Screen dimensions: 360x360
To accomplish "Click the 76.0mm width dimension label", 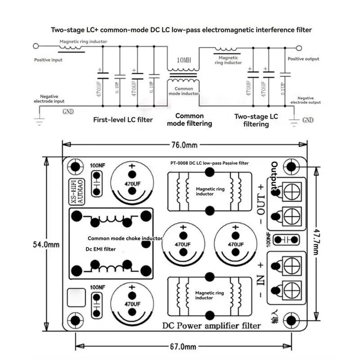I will (x=184, y=145).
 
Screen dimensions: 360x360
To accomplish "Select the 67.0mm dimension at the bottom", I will (x=184, y=346).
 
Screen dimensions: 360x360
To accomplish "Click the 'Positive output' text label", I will (x=303, y=59).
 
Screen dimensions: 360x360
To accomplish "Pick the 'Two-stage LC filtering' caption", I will (x=256, y=120).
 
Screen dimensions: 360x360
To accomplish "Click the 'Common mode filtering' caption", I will (x=189, y=120).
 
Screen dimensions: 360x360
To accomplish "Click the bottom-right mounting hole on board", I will (x=291, y=320).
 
